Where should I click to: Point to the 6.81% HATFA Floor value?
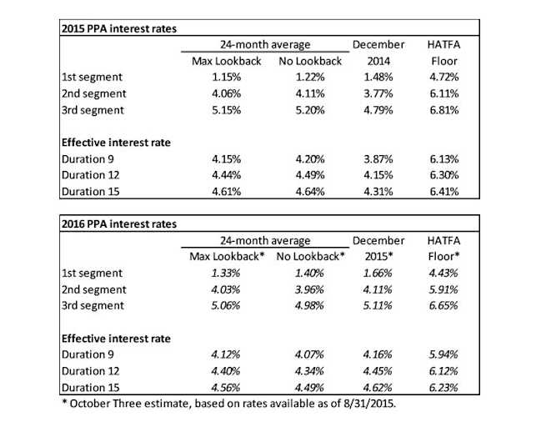[450, 110]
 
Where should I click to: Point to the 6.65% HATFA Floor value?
[450, 306]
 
